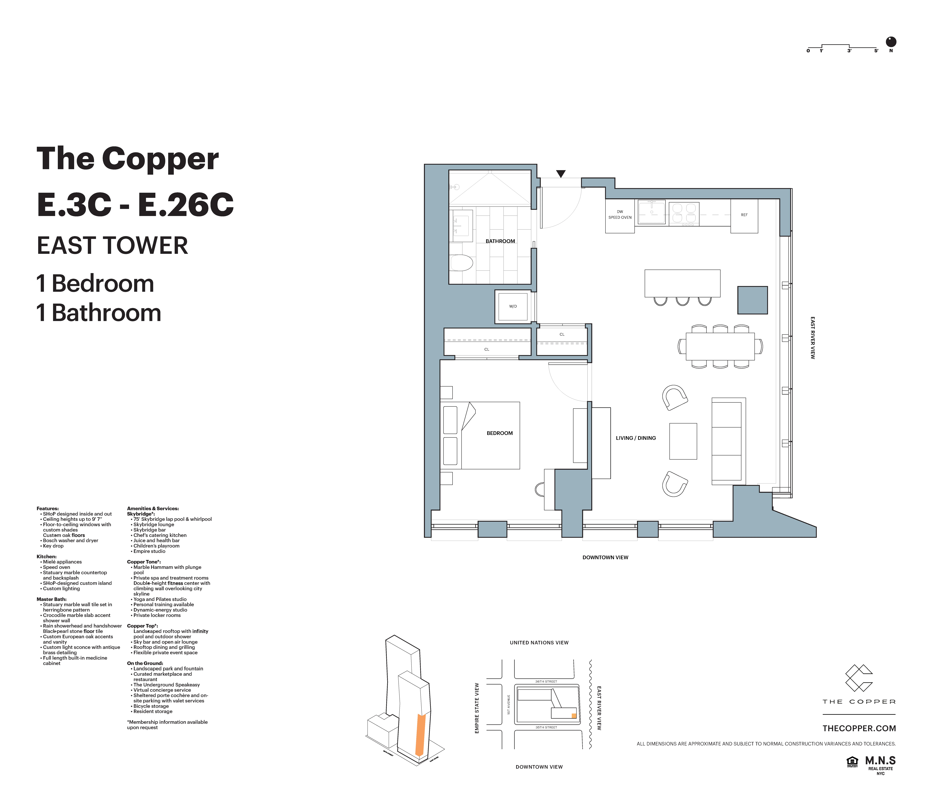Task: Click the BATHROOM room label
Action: pos(500,241)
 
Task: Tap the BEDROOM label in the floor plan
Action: pos(499,433)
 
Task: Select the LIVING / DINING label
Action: pos(635,438)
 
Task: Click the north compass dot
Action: pos(891,42)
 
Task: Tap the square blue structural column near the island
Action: pos(752,300)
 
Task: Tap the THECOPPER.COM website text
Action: pos(859,728)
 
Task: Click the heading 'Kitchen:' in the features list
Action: pos(46,556)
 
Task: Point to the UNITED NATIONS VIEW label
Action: pos(539,642)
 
